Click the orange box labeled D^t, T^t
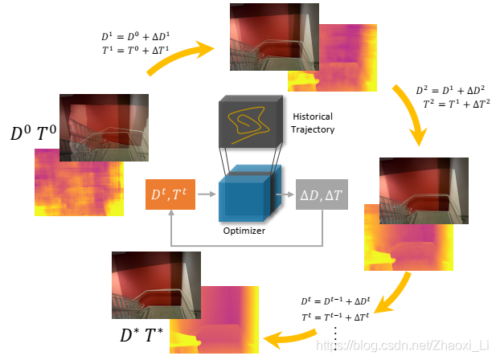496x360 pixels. click(x=170, y=194)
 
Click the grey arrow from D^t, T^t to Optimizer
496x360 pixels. click(x=207, y=194)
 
